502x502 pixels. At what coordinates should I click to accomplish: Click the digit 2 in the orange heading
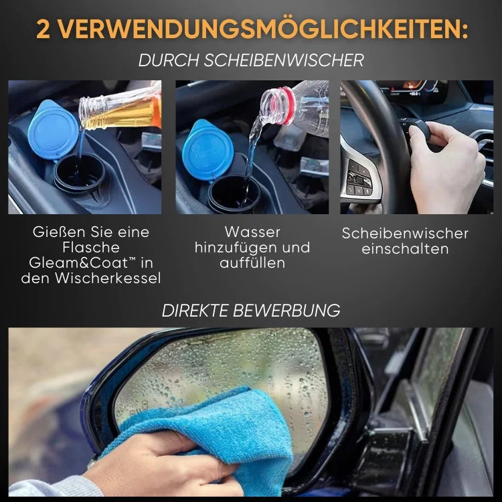[43, 29]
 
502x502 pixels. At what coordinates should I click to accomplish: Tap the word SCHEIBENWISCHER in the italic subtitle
[284, 60]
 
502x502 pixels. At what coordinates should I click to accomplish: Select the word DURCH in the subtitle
[168, 60]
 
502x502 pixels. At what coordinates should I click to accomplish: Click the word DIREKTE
[195, 310]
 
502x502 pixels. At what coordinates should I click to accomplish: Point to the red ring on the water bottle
[287, 105]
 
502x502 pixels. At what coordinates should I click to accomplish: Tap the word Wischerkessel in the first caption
[108, 278]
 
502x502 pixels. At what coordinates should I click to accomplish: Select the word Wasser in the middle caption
[252, 232]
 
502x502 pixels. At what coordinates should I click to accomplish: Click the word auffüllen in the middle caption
[252, 262]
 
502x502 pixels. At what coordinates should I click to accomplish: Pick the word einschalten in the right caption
[405, 249]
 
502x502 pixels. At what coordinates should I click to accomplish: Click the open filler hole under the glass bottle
[79, 175]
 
